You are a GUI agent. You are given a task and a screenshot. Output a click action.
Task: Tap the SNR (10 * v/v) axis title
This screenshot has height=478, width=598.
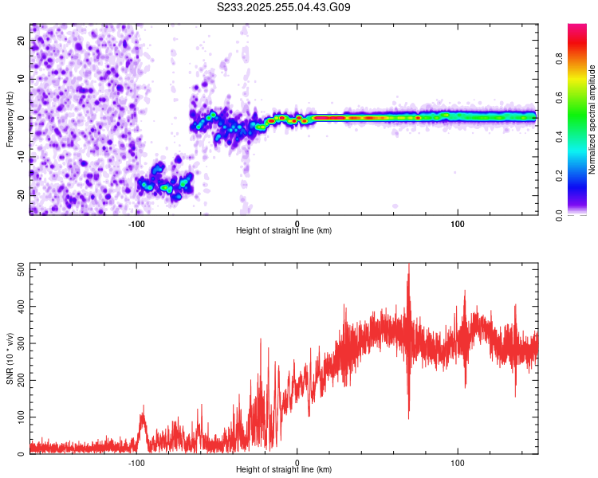[x=10, y=359]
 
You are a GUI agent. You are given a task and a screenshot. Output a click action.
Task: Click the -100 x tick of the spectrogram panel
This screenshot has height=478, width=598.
[x=136, y=223]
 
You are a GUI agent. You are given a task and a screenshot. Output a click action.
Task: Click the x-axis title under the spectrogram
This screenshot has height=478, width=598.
[x=284, y=231]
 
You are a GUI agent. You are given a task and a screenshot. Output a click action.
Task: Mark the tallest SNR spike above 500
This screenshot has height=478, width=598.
[x=409, y=268]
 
